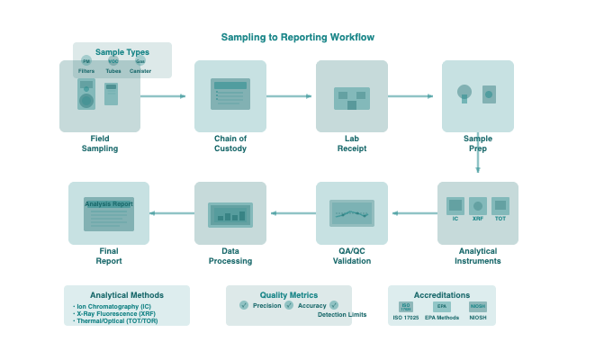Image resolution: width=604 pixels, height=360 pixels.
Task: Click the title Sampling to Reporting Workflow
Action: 298,37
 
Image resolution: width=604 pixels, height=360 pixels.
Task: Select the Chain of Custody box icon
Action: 230,94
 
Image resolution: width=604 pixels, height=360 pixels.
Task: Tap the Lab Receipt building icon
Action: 351,98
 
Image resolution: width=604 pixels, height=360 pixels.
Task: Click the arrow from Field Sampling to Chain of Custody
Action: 163,95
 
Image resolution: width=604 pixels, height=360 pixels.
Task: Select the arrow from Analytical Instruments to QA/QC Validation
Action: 415,213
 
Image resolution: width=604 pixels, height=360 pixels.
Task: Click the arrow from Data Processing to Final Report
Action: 172,213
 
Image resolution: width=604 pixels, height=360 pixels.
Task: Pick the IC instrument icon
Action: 455,206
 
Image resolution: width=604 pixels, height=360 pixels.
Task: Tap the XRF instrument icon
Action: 478,206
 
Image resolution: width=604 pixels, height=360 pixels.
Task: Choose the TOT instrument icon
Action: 500,206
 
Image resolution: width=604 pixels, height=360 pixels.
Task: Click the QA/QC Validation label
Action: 352,256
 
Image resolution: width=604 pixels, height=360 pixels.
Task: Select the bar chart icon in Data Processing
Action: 230,214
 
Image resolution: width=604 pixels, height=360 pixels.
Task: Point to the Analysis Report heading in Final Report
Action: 109,204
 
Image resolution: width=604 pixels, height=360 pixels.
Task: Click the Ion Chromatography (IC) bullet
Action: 113,306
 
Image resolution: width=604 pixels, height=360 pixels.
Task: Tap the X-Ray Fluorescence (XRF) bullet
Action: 116,313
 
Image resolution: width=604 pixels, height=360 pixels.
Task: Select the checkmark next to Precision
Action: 244,305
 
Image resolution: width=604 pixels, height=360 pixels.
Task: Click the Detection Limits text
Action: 342,314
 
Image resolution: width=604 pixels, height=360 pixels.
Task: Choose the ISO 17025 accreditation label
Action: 406,318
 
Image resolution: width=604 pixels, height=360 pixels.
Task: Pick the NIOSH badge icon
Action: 478,307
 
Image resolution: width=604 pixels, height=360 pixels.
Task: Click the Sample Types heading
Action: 122,52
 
